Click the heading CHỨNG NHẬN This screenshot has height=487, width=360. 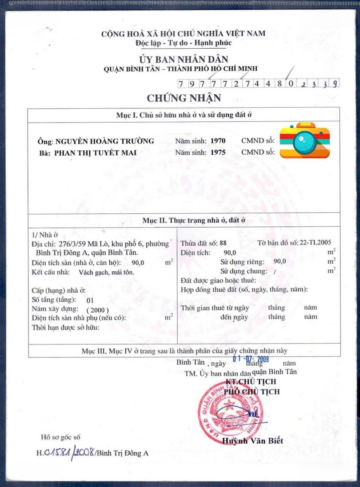click(x=184, y=98)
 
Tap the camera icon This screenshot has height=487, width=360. click(x=305, y=140)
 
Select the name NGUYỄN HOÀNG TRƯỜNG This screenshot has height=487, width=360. click(x=104, y=141)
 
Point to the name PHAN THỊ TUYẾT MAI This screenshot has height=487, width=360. click(x=95, y=152)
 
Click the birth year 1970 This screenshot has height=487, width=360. click(x=218, y=141)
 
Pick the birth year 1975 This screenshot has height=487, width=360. click(x=218, y=152)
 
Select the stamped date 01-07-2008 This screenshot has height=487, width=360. click(x=251, y=359)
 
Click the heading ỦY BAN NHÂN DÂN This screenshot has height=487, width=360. click(x=184, y=59)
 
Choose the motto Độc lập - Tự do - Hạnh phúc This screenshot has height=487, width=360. click(x=183, y=43)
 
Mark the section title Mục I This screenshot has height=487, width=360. click(x=184, y=115)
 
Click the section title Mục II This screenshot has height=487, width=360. click(x=184, y=221)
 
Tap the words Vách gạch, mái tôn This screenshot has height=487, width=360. click(x=106, y=272)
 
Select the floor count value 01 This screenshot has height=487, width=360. click(x=90, y=300)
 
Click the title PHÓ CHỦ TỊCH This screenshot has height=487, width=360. click(x=252, y=391)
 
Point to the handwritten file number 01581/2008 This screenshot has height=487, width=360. click(x=69, y=452)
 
